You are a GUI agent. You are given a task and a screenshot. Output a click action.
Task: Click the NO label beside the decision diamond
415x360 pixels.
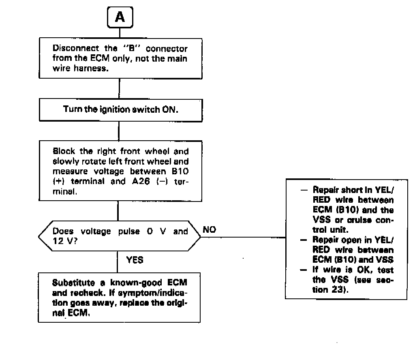[209, 230]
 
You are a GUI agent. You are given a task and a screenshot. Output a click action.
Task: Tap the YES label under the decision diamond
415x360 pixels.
[135, 260]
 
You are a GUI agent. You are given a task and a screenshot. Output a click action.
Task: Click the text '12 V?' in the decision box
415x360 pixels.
[63, 242]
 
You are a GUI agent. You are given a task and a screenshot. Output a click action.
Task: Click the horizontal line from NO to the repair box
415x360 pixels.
[243, 238]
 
